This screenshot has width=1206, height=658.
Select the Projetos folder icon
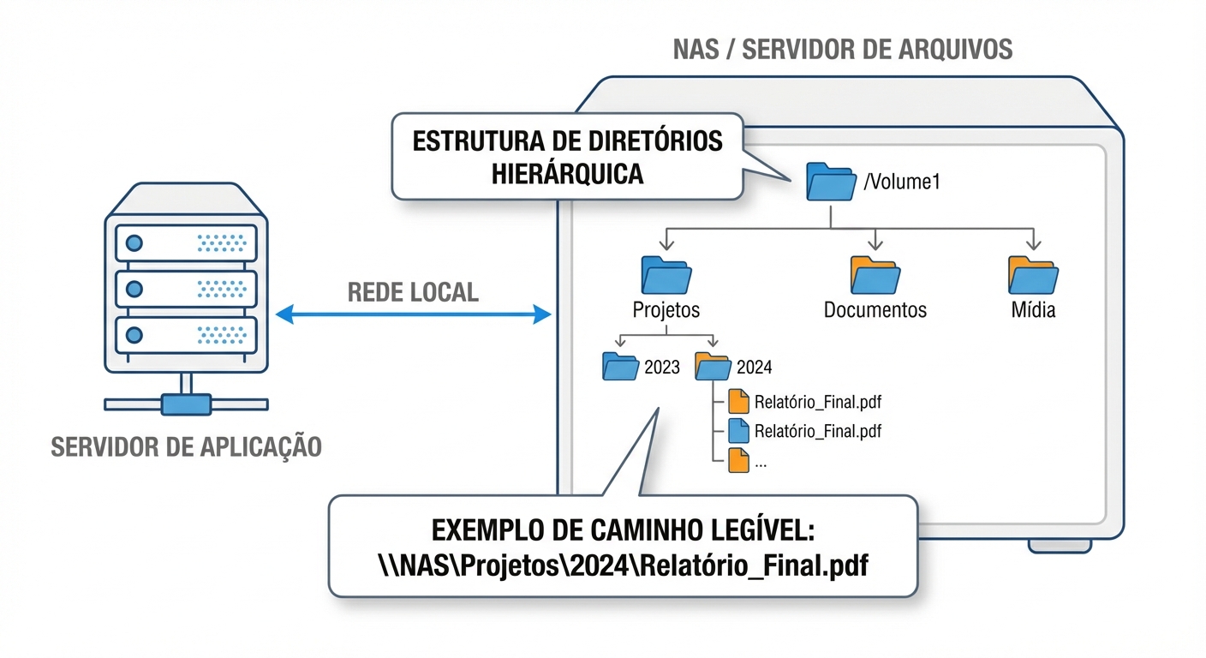point(666,275)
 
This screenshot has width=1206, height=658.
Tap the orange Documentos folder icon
point(875,275)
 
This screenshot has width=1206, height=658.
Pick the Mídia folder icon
point(1033,275)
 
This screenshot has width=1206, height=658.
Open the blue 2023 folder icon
point(620,367)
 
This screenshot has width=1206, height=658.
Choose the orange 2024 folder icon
point(712,367)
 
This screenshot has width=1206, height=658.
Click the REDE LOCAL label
point(413,292)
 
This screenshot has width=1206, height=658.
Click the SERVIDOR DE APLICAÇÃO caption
point(186,447)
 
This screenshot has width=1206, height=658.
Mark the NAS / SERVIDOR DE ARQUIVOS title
point(842,50)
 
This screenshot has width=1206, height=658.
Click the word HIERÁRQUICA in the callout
point(567,173)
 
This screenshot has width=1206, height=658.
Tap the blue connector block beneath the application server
point(186,404)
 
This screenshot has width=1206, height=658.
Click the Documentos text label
point(875,310)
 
